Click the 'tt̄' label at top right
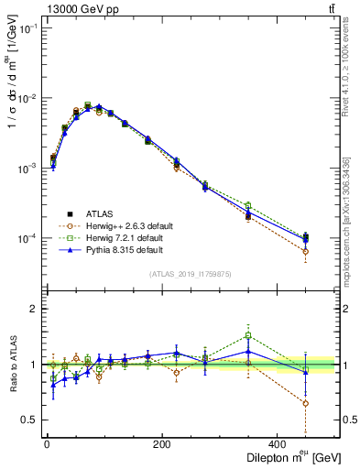click(330, 9)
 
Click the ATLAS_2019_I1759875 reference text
click(190, 273)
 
